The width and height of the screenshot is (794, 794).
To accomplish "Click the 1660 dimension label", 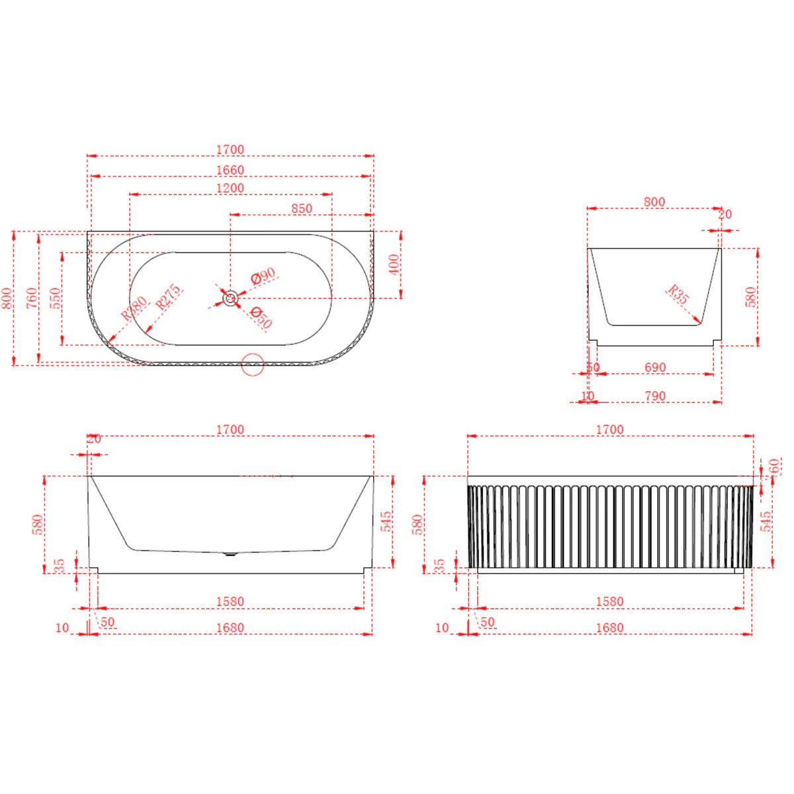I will (x=230, y=170).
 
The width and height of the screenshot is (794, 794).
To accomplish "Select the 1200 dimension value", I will (x=230, y=189).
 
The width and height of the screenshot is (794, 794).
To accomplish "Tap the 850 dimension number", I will (x=301, y=208).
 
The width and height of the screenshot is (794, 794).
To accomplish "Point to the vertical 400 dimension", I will (x=394, y=265).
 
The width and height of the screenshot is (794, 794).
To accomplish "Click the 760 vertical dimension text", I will (x=32, y=298).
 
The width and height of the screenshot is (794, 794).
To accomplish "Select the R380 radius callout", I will (x=134, y=308).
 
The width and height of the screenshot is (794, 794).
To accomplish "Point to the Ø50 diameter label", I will (x=261, y=318).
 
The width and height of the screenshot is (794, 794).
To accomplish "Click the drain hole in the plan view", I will (x=230, y=298).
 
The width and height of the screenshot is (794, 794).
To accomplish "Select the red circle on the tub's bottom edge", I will (x=252, y=364).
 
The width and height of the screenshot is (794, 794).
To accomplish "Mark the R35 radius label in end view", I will (x=678, y=294).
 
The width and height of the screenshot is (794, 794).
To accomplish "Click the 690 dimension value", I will (x=654, y=367).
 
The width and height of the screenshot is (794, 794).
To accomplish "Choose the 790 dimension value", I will (x=654, y=396).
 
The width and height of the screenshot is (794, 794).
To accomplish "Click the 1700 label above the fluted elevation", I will (x=609, y=429).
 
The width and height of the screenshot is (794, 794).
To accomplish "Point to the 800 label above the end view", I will (x=654, y=202).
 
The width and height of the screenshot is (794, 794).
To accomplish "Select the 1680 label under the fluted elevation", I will (x=609, y=627).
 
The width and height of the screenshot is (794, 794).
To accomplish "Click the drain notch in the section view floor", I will (x=230, y=554).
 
